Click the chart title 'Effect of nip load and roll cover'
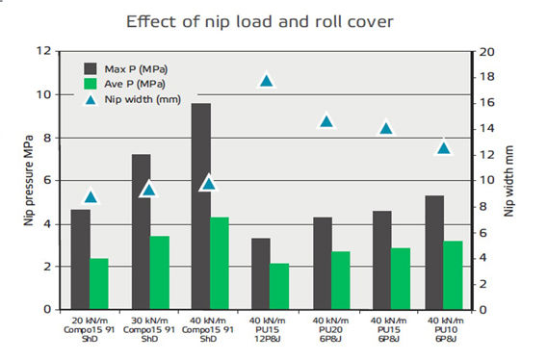[260, 21]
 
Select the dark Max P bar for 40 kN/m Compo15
[201, 207]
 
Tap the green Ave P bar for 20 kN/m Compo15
[99, 284]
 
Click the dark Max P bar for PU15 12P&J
[261, 273]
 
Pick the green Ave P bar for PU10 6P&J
[453, 275]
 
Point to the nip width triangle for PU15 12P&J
[267, 81]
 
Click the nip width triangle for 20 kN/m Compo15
[91, 197]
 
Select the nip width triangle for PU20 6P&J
[326, 121]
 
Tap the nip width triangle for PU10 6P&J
[444, 148]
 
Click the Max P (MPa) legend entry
[125, 68]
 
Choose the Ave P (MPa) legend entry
[124, 84]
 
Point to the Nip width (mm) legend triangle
[91, 100]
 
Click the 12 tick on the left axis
[43, 51]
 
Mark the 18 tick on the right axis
[486, 77]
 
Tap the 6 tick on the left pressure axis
[47, 180]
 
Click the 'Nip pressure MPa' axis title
[29, 180]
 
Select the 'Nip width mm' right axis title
[509, 181]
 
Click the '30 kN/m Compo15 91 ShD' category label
[149, 329]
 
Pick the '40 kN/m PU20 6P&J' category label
[330, 329]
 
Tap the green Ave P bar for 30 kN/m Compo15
[160, 272]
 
